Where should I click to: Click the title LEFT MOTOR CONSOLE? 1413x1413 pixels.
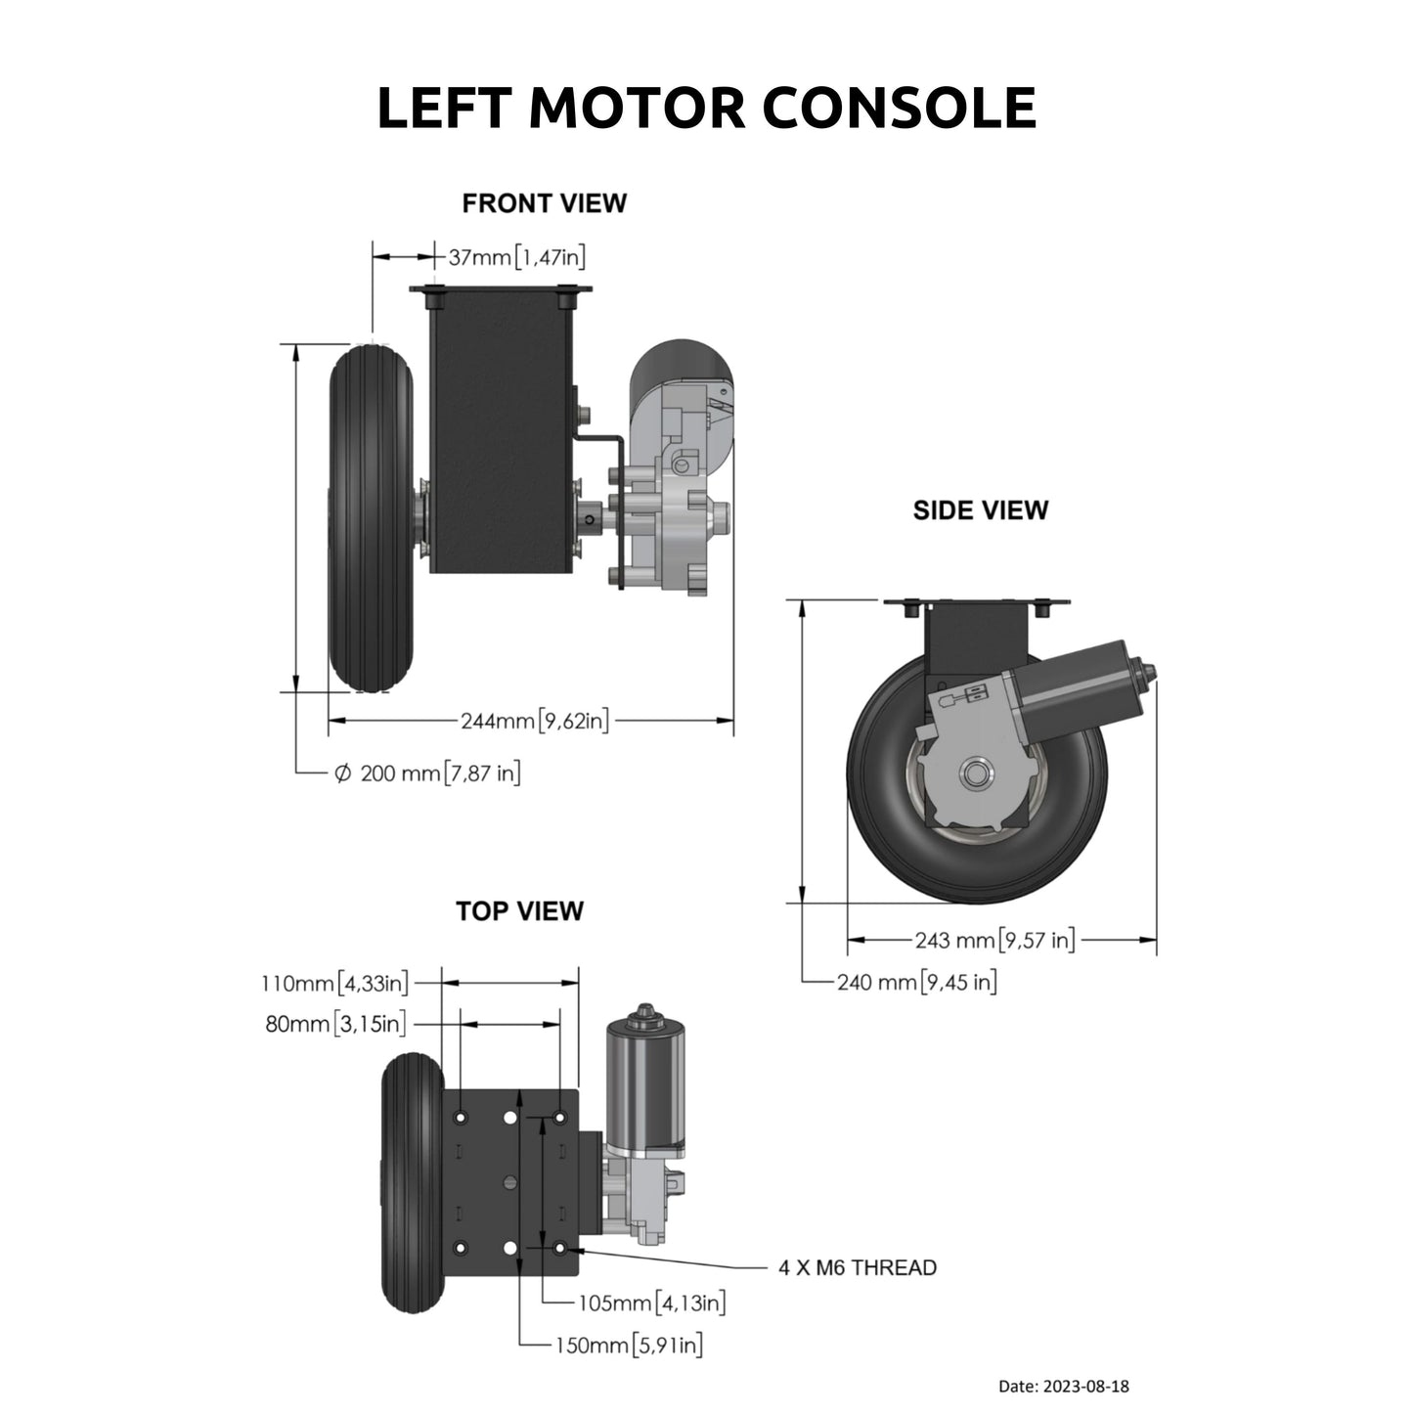tap(706, 108)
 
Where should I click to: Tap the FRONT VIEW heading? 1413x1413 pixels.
tap(544, 203)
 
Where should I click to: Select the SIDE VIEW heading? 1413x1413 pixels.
tap(980, 510)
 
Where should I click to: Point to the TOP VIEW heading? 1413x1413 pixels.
tap(519, 911)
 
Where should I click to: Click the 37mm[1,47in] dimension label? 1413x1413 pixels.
tap(516, 257)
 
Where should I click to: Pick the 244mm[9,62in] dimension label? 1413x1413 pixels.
tap(535, 722)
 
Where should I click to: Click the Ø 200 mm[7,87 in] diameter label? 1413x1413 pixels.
tap(427, 773)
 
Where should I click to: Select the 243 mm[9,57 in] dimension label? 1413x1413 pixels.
tap(994, 941)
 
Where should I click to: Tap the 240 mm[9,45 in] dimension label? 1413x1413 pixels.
tap(916, 982)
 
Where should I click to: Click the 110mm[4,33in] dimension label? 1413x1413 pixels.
tap(335, 982)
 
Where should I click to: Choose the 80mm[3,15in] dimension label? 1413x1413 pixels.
tap(335, 1024)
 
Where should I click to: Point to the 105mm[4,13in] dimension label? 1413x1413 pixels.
tap(651, 1303)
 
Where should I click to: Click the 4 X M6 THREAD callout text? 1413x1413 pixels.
tap(857, 1268)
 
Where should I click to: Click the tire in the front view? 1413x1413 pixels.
tap(370, 518)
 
